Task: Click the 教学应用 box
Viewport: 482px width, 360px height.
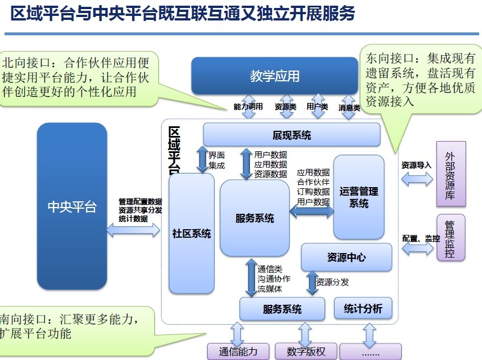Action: click(274, 76)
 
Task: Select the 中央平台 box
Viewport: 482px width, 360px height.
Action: click(72, 206)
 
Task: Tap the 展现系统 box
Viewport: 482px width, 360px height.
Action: click(291, 135)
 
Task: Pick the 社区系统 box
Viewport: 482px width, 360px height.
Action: click(192, 233)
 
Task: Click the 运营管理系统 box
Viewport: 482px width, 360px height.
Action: click(359, 197)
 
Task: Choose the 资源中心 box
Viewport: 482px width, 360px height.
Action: click(346, 257)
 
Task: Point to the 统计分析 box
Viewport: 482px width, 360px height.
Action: click(362, 308)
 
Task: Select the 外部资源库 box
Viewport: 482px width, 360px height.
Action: click(451, 175)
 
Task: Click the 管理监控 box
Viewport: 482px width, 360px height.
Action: click(451, 238)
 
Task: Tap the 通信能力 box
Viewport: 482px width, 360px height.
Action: click(239, 351)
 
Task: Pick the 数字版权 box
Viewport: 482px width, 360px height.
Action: click(306, 351)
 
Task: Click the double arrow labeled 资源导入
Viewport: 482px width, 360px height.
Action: click(417, 179)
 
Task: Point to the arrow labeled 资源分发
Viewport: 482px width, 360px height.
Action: click(312, 283)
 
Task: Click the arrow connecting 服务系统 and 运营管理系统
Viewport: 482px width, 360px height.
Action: click(312, 212)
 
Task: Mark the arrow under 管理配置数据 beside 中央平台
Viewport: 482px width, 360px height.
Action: click(133, 230)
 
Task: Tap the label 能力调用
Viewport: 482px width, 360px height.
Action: click(248, 106)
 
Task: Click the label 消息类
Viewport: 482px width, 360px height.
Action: click(349, 107)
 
